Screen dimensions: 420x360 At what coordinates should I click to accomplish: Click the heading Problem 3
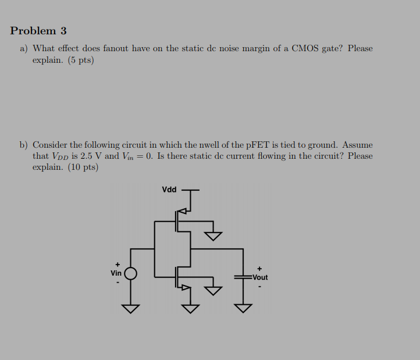point(38,31)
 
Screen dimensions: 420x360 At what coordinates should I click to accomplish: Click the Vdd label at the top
point(169,190)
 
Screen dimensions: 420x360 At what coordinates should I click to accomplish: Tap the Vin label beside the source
point(116,273)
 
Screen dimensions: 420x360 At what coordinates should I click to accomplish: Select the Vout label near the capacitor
point(260,277)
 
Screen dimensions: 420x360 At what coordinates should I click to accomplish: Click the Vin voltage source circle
point(131,274)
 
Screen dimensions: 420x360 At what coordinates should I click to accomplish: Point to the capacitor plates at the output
point(243,277)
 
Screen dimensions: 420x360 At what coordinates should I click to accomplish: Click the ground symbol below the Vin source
point(131,309)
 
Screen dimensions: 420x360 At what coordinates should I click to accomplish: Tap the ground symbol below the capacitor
point(243,308)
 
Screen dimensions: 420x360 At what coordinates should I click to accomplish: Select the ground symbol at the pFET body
point(213,236)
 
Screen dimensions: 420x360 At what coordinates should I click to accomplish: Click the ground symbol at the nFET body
point(213,291)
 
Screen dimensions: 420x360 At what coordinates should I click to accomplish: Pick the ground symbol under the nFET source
point(190,309)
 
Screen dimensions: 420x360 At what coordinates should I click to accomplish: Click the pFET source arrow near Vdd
point(182,211)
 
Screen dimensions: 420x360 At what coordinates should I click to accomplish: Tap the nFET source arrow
point(186,288)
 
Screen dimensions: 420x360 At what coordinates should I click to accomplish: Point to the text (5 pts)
point(81,60)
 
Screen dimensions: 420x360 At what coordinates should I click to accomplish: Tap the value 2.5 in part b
point(87,156)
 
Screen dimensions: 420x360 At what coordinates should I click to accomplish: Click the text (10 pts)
point(83,167)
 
